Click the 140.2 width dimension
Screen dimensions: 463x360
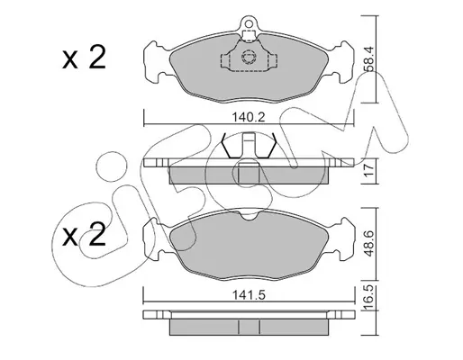pos(249,117)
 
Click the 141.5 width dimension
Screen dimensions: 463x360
pos(249,295)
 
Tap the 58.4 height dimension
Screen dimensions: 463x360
pos(368,59)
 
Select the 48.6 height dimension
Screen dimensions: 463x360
pos(368,243)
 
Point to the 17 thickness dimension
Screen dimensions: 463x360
pos(369,170)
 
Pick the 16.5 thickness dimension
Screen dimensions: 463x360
pos(369,297)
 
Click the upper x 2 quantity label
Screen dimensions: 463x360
pos(84,57)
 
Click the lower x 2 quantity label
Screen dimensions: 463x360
pos(84,235)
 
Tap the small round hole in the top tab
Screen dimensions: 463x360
pos(248,22)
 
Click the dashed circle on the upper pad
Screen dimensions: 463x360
pos(249,57)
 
